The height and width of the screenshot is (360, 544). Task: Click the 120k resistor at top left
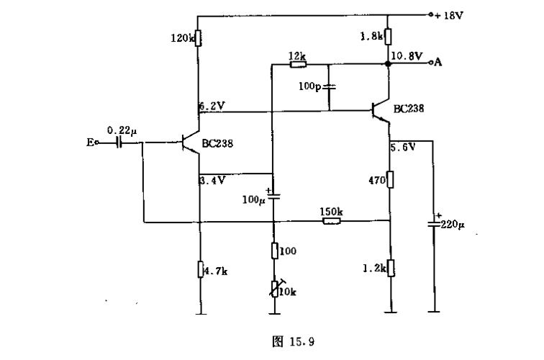click(x=198, y=37)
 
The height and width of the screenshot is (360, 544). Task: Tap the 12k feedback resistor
click(x=298, y=64)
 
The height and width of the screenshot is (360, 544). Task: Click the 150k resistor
click(x=331, y=222)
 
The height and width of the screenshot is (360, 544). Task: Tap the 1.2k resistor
click(x=389, y=268)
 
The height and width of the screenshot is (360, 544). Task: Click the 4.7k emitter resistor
click(x=198, y=269)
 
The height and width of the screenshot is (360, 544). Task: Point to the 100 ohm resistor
click(x=274, y=251)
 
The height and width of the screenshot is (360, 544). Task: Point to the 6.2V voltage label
click(x=213, y=105)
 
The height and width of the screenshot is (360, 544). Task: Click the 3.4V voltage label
click(x=213, y=179)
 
